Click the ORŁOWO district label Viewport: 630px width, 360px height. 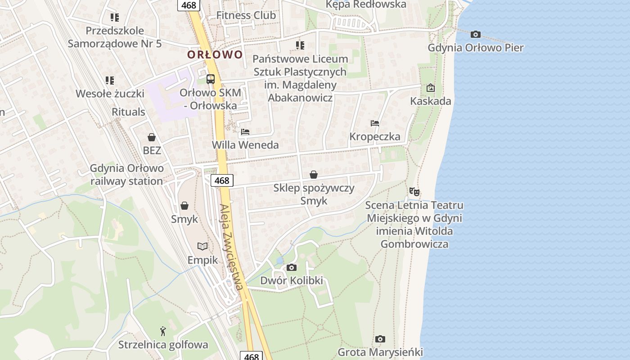coord(215,55)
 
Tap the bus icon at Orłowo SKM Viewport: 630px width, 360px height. coord(210,79)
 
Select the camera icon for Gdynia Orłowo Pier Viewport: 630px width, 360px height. coord(475,34)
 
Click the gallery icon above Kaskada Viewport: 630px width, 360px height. coord(430,88)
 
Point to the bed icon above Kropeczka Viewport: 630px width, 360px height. coord(375,123)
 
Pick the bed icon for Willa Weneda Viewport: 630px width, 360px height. coord(245,132)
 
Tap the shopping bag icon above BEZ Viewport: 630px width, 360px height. coord(152,137)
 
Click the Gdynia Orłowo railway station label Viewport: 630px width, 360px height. coord(127,175)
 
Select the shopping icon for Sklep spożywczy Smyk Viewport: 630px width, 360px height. coord(314,175)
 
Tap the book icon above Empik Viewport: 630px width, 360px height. coord(202,247)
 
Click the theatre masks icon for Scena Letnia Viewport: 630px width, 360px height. coord(414,192)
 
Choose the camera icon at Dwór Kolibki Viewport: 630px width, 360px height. coord(292,267)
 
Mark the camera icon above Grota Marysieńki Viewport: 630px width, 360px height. coord(380,339)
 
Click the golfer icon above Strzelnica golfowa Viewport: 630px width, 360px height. coord(163,332)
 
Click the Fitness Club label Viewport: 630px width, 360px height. coord(246,15)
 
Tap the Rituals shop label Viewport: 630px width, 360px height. coord(128,112)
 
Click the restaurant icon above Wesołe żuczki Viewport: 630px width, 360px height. coord(110,81)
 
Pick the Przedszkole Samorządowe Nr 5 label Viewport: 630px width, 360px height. coord(115,37)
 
